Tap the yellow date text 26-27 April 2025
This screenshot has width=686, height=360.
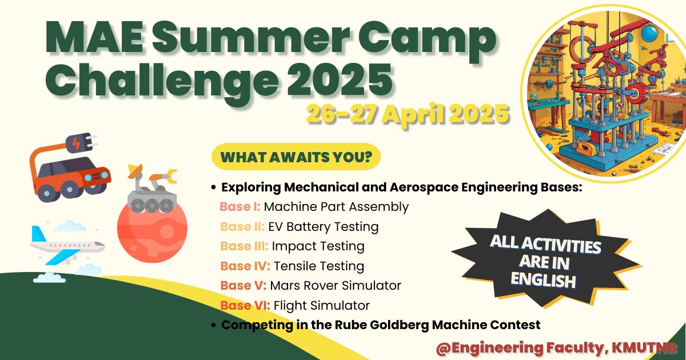408,114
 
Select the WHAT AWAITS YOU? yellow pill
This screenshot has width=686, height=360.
296,157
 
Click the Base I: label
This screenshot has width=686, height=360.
240,207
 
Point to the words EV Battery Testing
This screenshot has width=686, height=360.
324,227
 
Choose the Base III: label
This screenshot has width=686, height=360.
244,246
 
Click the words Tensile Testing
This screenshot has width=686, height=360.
319,266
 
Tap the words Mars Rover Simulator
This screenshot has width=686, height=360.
336,285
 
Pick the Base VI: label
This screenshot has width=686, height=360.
245,306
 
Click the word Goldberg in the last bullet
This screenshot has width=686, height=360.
400,325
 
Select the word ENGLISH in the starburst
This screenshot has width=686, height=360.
543,281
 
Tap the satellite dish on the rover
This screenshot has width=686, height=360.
135,171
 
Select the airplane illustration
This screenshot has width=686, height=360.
67,246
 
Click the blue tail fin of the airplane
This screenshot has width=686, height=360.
38,234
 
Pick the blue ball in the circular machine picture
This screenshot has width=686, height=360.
649,33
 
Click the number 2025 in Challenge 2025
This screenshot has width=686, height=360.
340,79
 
